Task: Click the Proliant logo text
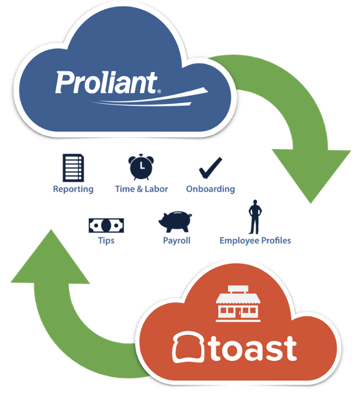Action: [x=106, y=83]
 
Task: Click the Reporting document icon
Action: [x=73, y=168]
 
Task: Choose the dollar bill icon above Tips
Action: [x=106, y=225]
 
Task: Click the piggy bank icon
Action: [x=176, y=221]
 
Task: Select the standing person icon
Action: [x=254, y=217]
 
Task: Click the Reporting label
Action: [x=73, y=189]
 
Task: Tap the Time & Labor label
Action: [x=141, y=189]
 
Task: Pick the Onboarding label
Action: [x=210, y=189]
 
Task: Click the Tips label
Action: [x=106, y=241]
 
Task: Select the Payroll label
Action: [x=176, y=241]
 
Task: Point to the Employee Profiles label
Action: [x=255, y=241]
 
